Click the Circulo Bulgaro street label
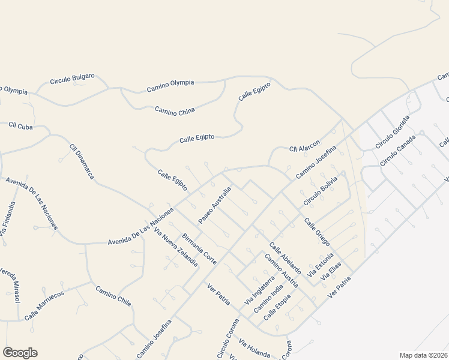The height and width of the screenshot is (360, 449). pos(73,79)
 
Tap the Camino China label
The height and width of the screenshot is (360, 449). pos(175,111)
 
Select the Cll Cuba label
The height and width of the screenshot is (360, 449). pos(20,126)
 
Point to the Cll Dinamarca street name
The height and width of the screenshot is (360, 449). pos(82,161)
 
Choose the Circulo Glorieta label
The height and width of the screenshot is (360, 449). pos(393,131)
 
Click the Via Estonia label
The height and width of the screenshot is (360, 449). pos(320,266)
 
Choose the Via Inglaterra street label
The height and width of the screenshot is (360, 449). pos(260,289)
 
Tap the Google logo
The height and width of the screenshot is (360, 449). pos(20,353)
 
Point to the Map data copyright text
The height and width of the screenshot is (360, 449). pos(423,355)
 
